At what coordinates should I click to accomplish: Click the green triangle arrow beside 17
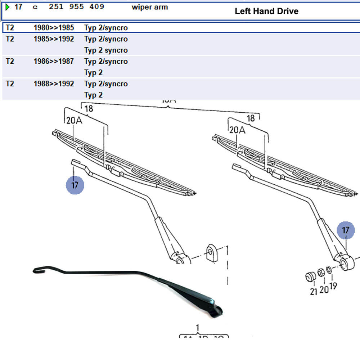(8, 7)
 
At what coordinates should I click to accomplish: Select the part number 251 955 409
(76, 7)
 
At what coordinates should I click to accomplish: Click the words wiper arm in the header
(150, 7)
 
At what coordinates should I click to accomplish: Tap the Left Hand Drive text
(266, 11)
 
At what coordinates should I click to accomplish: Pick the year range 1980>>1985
(54, 28)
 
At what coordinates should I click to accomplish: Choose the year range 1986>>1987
(54, 62)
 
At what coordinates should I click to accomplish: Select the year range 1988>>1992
(54, 84)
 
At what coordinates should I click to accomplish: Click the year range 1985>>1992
(54, 39)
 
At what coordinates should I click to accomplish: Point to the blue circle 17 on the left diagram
(75, 185)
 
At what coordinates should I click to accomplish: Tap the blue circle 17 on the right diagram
(346, 230)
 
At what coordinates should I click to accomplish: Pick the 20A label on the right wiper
(237, 130)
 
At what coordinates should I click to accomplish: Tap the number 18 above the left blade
(89, 109)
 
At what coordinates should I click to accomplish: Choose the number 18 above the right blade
(251, 118)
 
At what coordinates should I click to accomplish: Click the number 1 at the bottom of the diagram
(197, 328)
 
